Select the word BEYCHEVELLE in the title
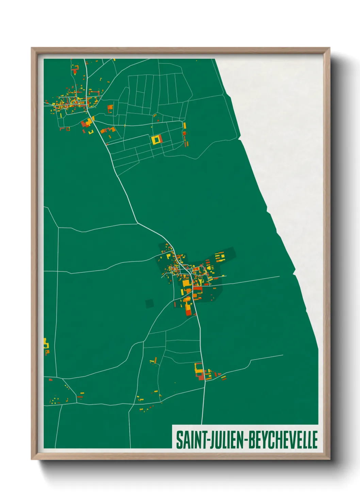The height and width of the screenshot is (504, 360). pyautogui.click(x=283, y=440)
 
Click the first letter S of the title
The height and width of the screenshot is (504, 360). pyautogui.click(x=178, y=440)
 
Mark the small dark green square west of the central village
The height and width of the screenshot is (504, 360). pyautogui.click(x=149, y=303)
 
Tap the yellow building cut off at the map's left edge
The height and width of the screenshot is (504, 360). pyautogui.click(x=46, y=344)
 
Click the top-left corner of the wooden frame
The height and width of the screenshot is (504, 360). pyautogui.click(x=32, y=48)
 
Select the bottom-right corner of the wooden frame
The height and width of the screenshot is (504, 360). pyautogui.click(x=329, y=459)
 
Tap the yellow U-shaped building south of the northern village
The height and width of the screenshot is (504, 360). pyautogui.click(x=91, y=131)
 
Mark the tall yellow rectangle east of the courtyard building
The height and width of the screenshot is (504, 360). pyautogui.click(x=184, y=126)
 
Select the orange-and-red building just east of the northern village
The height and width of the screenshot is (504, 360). pyautogui.click(x=110, y=108)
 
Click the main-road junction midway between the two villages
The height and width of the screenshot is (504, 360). pyautogui.click(x=137, y=223)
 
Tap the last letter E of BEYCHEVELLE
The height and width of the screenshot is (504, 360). pyautogui.click(x=315, y=440)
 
